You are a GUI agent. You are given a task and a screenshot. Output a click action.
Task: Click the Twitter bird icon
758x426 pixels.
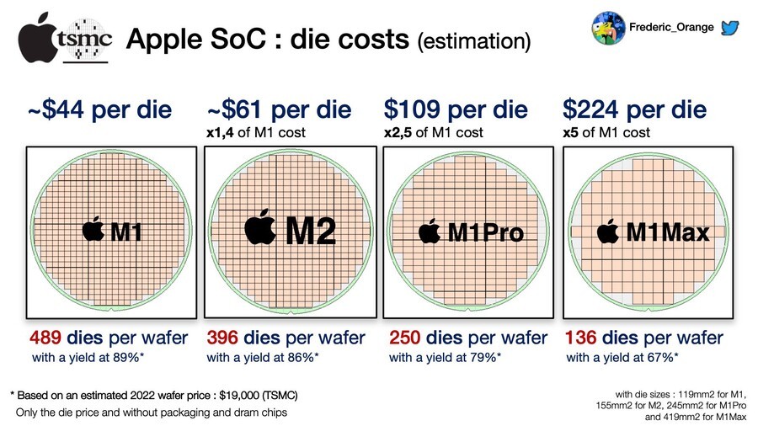731,27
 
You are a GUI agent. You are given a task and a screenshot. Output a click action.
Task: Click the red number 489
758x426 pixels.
49,338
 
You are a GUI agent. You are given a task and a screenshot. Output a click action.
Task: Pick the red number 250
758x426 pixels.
406,338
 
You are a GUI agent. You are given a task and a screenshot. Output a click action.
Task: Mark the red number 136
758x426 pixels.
583,338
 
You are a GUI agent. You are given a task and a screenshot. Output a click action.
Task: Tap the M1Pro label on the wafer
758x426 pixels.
485,232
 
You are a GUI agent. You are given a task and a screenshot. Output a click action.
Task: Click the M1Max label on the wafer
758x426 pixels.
664,232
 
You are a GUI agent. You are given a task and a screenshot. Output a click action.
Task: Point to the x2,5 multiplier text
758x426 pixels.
398,132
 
